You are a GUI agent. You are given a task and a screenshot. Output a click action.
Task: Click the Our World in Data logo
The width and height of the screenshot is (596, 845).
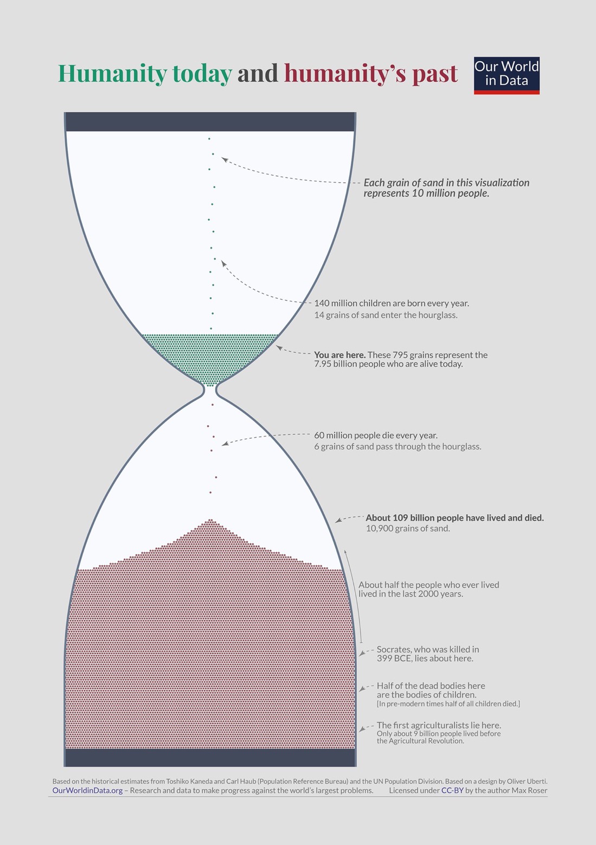(x=507, y=75)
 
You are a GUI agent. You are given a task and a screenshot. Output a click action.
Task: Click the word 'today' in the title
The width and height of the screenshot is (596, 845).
(x=202, y=73)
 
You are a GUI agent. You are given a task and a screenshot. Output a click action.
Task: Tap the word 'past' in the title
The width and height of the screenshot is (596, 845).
(x=435, y=74)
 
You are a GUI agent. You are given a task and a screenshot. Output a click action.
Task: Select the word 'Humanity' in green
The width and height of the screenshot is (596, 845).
(x=112, y=73)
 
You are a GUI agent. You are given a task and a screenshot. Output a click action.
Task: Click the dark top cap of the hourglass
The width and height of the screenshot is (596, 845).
(x=210, y=122)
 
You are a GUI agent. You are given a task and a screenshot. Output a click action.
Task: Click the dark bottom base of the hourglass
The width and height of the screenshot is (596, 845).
(x=210, y=757)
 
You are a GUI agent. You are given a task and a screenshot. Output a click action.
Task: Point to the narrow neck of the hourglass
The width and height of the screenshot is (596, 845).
(x=210, y=391)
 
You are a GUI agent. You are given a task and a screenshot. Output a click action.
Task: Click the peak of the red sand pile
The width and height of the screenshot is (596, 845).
(x=210, y=520)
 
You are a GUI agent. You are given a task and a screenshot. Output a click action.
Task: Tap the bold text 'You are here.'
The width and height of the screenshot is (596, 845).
(x=340, y=355)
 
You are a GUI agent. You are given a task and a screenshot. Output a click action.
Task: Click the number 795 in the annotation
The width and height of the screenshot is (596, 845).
(x=400, y=355)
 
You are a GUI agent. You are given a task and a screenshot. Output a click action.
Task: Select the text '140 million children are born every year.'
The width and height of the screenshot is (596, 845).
(x=392, y=303)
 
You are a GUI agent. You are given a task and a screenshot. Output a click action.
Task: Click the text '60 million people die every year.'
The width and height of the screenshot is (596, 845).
(x=376, y=436)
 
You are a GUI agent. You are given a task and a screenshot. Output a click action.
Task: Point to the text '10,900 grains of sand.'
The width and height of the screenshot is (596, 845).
(x=408, y=528)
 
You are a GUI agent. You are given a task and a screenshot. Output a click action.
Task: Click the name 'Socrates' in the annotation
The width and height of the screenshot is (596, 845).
(x=393, y=650)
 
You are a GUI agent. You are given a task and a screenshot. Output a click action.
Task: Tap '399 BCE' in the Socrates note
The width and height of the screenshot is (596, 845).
(x=393, y=658)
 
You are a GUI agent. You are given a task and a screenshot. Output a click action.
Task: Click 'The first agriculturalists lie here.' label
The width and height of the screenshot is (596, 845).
(x=439, y=726)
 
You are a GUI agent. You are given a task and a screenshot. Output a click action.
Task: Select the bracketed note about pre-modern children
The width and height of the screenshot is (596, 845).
(x=448, y=704)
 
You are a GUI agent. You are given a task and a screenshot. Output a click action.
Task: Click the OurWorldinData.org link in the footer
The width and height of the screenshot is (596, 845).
(x=87, y=790)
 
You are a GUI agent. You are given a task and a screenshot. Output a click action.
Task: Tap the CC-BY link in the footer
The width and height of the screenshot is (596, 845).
(x=452, y=790)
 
